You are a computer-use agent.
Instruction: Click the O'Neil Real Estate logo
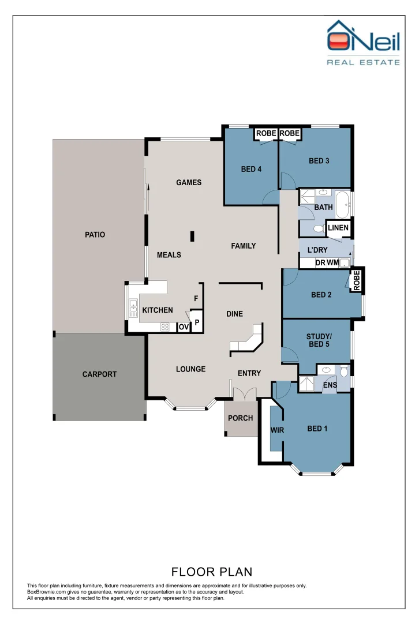coord(363,43)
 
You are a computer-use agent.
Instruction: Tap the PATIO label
coord(95,235)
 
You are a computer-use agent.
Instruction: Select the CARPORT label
coord(99,374)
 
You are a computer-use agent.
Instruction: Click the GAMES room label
coord(189,182)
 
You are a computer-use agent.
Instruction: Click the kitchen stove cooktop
coord(164,327)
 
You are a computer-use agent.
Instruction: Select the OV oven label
coord(184,327)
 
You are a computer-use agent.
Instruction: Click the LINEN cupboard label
coord(338,228)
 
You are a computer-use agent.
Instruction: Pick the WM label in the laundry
coord(332,263)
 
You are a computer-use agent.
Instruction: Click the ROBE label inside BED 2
coord(357,280)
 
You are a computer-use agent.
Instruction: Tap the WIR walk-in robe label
coord(277,430)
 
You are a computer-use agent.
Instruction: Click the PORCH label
coord(241,418)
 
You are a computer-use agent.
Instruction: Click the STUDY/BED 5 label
coord(317,340)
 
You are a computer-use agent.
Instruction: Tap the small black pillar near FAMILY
coord(193,235)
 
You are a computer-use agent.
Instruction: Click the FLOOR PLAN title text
coord(212,572)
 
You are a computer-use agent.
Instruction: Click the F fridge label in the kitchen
coord(196,298)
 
